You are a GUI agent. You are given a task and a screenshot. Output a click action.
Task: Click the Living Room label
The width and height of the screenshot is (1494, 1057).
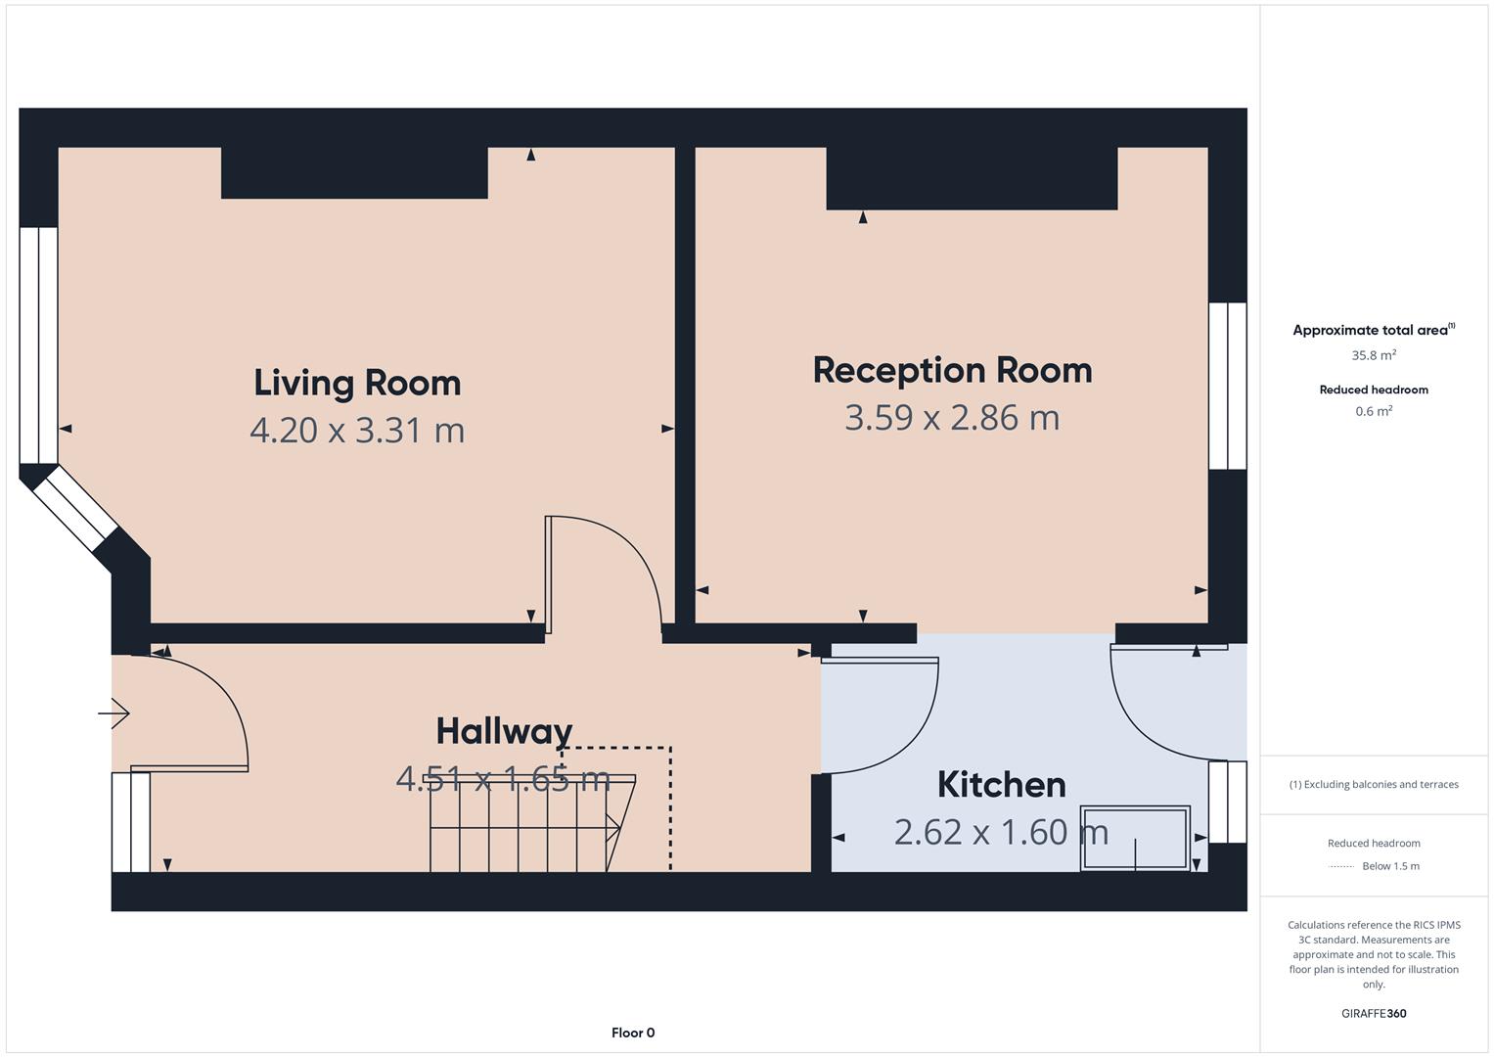pyautogui.click(x=357, y=383)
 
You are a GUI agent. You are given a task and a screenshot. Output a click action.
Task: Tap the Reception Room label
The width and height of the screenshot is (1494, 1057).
pyautogui.click(x=952, y=370)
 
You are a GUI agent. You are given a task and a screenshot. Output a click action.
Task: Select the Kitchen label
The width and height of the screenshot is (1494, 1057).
pyautogui.click(x=1001, y=785)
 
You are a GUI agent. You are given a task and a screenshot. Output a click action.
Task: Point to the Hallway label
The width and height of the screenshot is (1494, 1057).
pyautogui.click(x=504, y=731)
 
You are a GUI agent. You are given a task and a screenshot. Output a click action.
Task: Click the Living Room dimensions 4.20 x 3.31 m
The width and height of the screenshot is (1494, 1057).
pyautogui.click(x=357, y=431)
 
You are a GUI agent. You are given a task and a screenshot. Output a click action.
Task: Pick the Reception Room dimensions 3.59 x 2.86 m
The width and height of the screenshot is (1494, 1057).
pyautogui.click(x=952, y=418)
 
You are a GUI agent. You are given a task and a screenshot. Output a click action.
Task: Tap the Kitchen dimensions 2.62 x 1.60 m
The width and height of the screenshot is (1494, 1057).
pyautogui.click(x=1001, y=832)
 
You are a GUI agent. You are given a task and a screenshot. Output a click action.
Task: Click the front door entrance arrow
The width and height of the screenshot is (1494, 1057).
pyautogui.click(x=113, y=713)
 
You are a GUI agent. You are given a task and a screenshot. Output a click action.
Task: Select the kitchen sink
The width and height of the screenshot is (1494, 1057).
pyautogui.click(x=1135, y=838)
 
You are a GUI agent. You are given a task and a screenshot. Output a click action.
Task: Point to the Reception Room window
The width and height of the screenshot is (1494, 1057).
pyautogui.click(x=1228, y=386)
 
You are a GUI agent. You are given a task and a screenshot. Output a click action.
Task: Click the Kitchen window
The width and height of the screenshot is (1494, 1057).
pyautogui.click(x=1228, y=803)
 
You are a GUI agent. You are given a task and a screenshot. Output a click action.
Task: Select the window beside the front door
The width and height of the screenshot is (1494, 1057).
pyautogui.click(x=131, y=822)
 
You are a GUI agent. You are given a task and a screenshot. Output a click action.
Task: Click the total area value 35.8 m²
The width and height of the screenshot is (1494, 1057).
pyautogui.click(x=1374, y=355)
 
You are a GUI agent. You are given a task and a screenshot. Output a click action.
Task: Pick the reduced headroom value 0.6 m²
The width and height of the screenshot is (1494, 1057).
pyautogui.click(x=1374, y=411)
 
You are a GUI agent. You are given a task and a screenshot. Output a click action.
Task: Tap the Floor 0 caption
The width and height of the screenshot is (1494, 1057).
pyautogui.click(x=633, y=1033)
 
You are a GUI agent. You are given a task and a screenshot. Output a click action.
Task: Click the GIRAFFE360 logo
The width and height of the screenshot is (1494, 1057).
pyautogui.click(x=1374, y=1013)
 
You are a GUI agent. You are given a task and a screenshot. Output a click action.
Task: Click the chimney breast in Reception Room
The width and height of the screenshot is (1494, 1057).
pyautogui.click(x=972, y=178)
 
